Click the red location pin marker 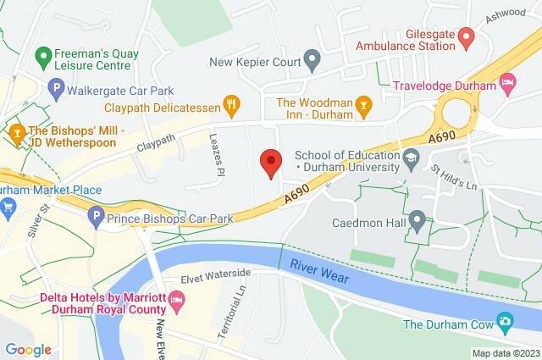click(x=270, y=162)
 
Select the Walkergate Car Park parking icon click(x=57, y=86)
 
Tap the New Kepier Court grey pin click(x=312, y=60)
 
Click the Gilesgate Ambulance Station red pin click(x=465, y=36)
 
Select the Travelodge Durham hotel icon click(x=508, y=83)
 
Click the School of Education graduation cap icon click(x=411, y=158)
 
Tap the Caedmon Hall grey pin click(x=417, y=221)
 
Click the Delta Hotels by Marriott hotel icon click(x=177, y=299)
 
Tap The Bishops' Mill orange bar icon click(x=14, y=134)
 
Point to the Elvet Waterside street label click(x=216, y=274)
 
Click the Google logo click(x=28, y=349)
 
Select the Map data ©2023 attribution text click(x=505, y=352)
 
